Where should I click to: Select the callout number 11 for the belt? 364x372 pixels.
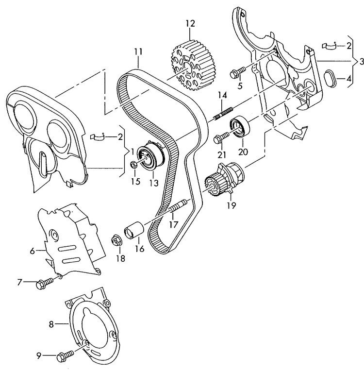(x=138, y=51)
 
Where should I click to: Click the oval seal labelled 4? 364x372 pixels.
(x=330, y=78)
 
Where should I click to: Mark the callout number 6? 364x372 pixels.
(x=32, y=251)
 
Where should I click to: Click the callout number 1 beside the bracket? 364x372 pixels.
(x=132, y=152)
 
